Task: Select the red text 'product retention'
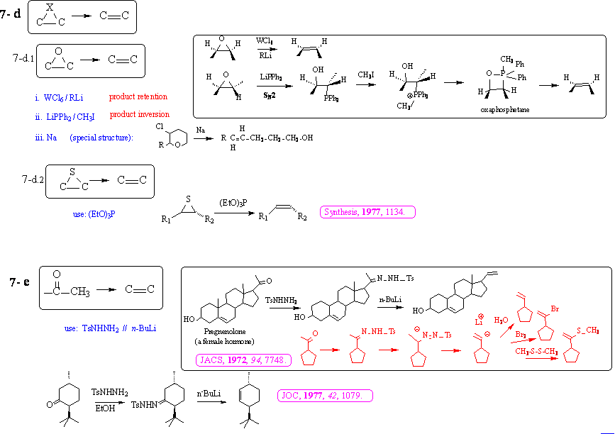pyautogui.click(x=138, y=96)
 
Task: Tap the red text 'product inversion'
pyautogui.click(x=139, y=115)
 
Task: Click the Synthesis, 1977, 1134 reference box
pyautogui.click(x=368, y=212)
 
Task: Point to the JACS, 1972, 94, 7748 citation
pyautogui.click(x=243, y=360)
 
